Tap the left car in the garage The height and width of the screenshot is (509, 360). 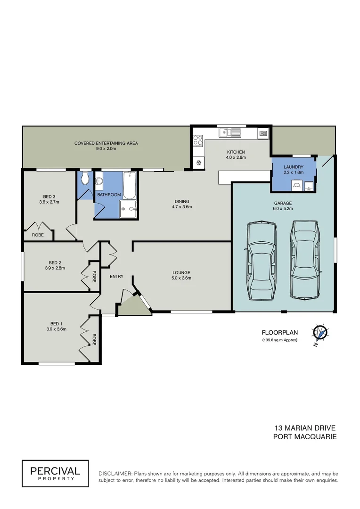pos(259,262)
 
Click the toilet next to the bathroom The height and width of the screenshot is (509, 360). pos(84,178)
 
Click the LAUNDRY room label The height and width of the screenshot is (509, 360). pos(293,167)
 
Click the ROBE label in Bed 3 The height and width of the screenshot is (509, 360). pos(38,235)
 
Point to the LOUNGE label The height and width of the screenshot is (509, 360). pos(181,272)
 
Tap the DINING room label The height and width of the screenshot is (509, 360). pos(181,201)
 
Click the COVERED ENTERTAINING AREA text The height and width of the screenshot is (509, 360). pos(106,143)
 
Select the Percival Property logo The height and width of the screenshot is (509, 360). pos(55,473)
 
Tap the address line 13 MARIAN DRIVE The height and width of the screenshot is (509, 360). pos(305,428)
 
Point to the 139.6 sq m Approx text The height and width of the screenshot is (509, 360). pos(280,340)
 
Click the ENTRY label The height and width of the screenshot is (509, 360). pos(116,276)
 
